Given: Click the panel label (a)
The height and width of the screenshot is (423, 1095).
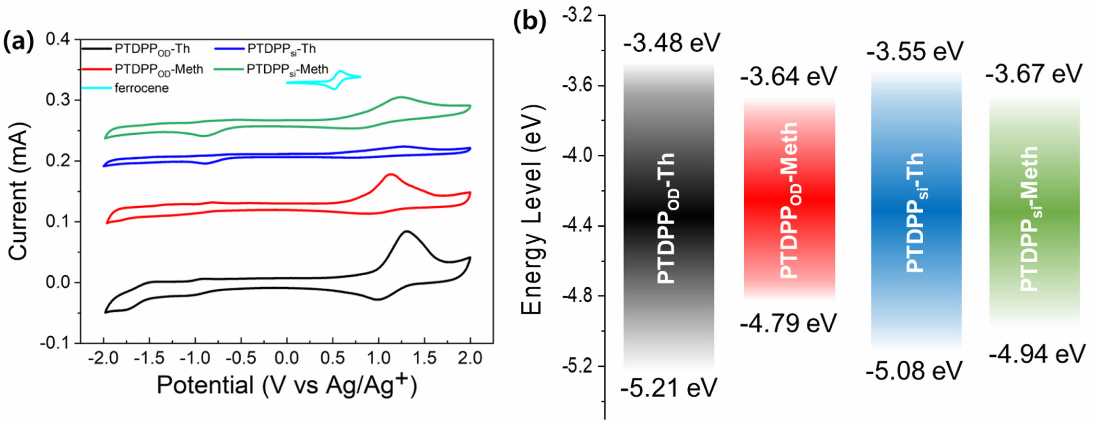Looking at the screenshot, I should point(19,42).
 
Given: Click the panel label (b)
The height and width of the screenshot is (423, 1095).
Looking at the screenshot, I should point(529,22).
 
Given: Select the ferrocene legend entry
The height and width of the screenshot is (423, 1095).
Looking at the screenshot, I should point(141,88).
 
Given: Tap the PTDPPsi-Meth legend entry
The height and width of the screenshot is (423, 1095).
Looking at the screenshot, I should point(287,70).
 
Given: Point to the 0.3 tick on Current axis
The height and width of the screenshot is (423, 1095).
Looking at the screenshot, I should point(58,100).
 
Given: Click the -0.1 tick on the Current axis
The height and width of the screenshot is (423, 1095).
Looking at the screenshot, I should point(55,343).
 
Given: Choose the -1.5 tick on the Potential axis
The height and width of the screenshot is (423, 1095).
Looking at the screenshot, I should point(149,358).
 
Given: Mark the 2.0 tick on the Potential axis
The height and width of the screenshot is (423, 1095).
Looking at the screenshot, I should point(470,358).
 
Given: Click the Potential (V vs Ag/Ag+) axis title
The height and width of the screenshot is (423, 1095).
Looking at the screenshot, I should point(287,385).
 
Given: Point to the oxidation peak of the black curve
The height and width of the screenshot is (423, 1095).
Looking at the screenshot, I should point(407,232).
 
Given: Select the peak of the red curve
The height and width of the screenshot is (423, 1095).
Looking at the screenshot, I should point(390,174).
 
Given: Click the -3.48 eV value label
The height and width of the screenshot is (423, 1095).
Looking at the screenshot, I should point(671,43).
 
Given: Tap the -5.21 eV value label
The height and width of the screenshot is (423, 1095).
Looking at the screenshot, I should point(669,388).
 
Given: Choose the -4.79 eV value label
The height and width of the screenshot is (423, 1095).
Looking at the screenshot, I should point(788,323).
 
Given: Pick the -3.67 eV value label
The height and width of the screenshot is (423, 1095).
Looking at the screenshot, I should point(1034,74).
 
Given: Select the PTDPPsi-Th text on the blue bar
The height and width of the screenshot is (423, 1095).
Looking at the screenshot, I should point(915,212).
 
